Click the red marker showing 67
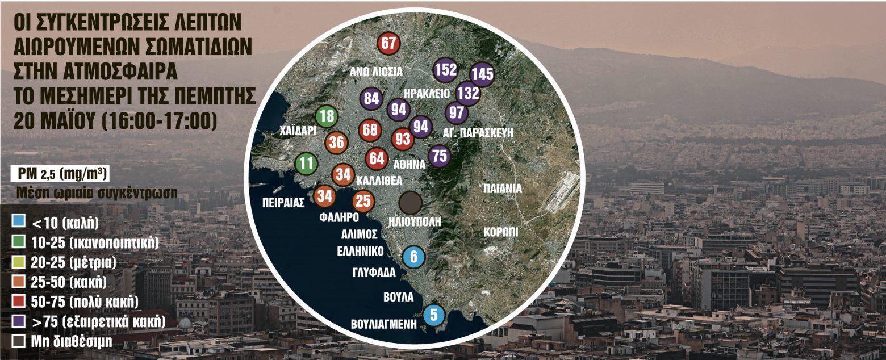coord(388,43)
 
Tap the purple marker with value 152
coord(445,70)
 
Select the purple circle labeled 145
coord(482,74)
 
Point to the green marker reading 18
coord(327,118)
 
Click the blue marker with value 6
coord(413,257)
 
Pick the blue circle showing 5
coord(434,314)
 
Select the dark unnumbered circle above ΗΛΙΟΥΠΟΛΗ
coord(410,203)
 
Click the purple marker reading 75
coord(440,155)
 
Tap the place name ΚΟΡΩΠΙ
coord(501,233)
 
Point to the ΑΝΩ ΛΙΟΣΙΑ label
coord(375,72)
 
